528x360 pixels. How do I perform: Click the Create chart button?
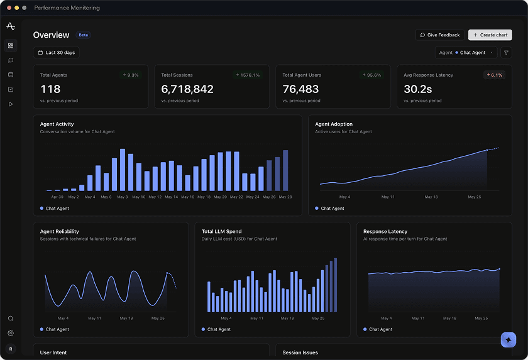coord(490,35)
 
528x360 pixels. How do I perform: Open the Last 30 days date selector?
coord(56,53)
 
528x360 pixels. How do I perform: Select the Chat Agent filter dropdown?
coord(466,53)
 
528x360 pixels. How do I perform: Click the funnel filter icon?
coord(506,53)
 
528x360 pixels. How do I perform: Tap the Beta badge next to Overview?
coord(83,35)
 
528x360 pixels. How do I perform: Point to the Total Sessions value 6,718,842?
coord(187,89)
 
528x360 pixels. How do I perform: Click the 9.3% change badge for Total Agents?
coord(131,75)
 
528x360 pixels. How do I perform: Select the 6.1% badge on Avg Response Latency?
coord(494,75)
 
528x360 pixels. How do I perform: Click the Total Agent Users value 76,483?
coord(300,89)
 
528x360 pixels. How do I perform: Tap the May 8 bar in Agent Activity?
coord(123,170)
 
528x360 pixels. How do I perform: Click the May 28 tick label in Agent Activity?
coord(285,197)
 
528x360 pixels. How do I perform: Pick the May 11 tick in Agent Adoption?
coord(388,197)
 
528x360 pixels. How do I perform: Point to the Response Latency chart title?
coord(385,231)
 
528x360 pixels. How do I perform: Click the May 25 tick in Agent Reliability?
coord(158,318)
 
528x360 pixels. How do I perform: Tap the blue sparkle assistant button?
coord(509,340)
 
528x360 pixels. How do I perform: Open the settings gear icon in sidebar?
coord(11,333)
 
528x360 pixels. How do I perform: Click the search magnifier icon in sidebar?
coord(11,319)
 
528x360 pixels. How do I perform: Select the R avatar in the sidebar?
coord(11,349)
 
